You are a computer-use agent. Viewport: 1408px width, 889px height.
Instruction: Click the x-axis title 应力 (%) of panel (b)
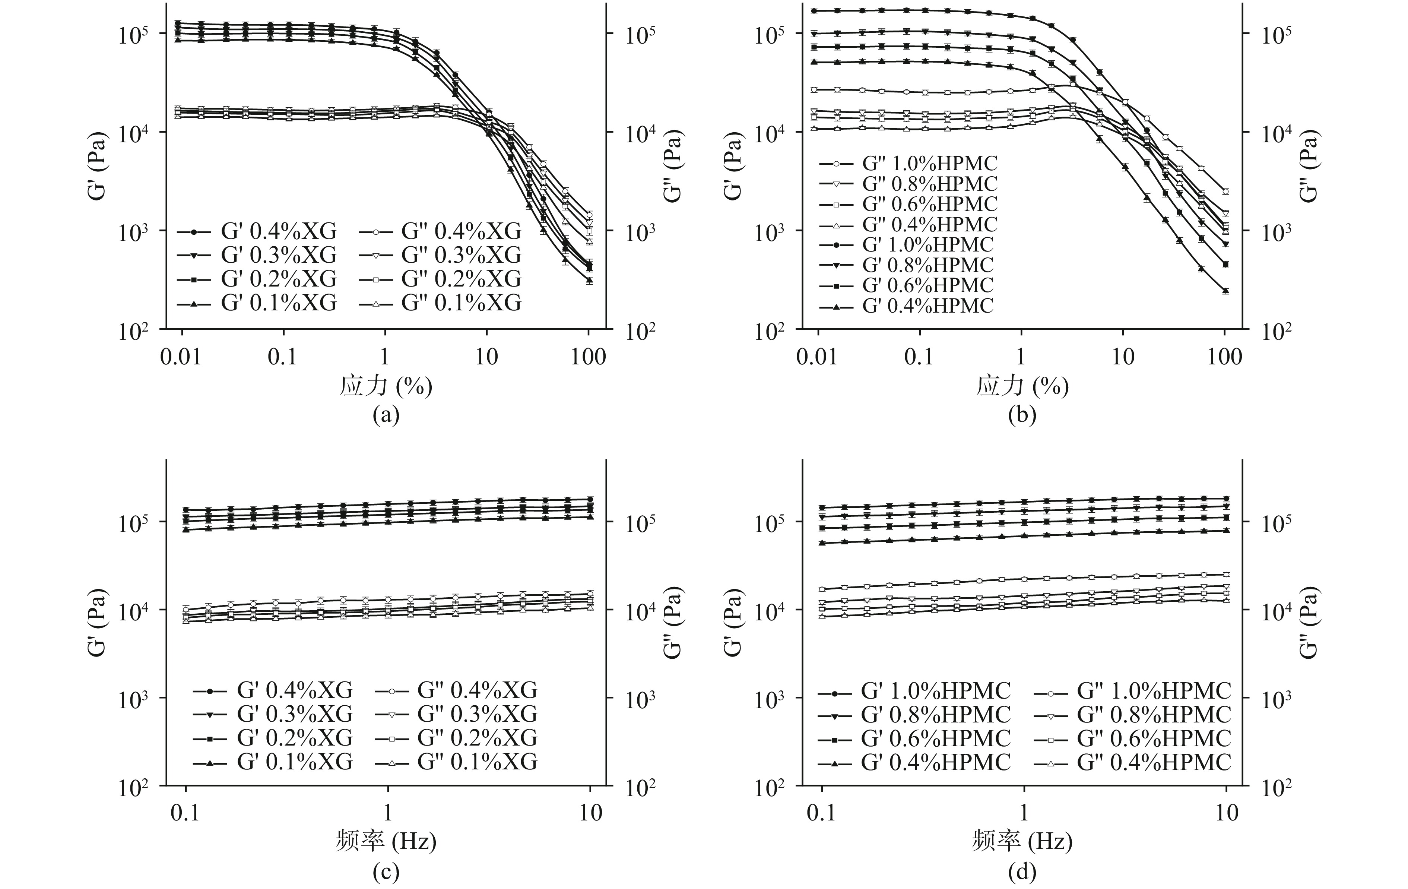click(x=1022, y=386)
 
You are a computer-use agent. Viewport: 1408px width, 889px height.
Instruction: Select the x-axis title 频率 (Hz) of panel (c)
click(x=386, y=842)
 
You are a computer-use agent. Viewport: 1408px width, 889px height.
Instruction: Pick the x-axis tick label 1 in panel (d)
click(x=1024, y=813)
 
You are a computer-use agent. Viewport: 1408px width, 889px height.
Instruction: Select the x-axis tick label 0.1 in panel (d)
click(x=822, y=813)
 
